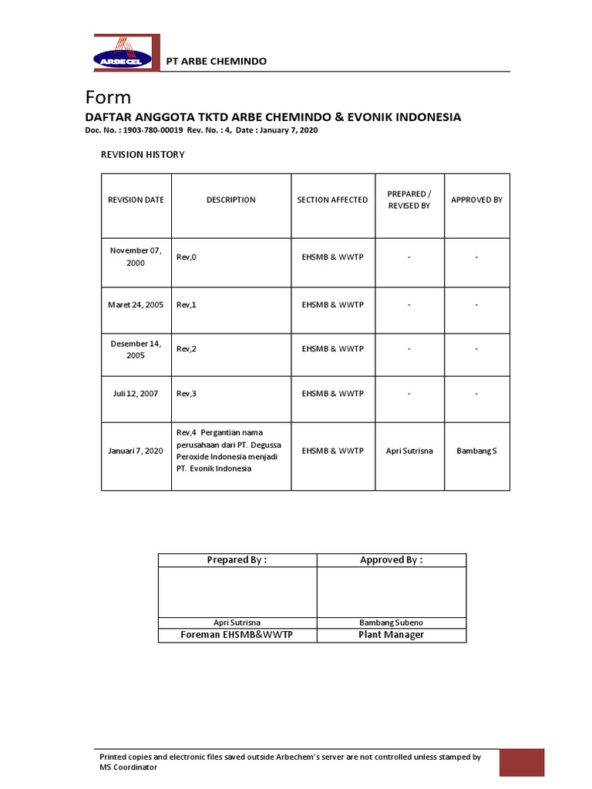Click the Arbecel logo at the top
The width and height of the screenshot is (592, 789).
[x=127, y=54]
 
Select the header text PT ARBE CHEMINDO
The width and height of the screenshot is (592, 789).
[x=217, y=61]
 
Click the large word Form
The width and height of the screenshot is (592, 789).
[x=108, y=98]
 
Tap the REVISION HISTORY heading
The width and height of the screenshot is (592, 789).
[x=143, y=155]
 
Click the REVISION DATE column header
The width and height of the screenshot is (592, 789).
[x=136, y=200]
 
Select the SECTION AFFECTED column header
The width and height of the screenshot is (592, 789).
[x=332, y=200]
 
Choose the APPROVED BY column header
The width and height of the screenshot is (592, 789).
[x=476, y=200]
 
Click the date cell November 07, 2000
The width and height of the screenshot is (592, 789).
[x=136, y=257]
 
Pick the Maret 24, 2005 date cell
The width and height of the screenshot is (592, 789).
[x=136, y=305]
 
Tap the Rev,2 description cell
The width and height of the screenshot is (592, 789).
[x=187, y=349]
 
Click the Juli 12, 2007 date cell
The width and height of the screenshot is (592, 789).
[x=136, y=394]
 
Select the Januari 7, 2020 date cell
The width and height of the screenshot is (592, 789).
[x=136, y=451]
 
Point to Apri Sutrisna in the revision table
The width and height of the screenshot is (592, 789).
[x=409, y=451]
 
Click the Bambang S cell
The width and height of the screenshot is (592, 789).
[x=476, y=451]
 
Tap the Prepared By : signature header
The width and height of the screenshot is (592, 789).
[x=237, y=560]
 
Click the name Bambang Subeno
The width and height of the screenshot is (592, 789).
[x=391, y=623]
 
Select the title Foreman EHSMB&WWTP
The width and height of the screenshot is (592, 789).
[x=237, y=635]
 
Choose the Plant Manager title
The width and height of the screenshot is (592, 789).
[x=391, y=635]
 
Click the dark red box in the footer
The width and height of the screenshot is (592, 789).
[x=522, y=763]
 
